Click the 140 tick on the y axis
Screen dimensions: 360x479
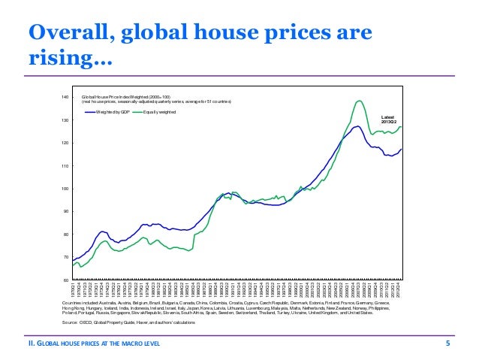pyautogui.click(x=65, y=98)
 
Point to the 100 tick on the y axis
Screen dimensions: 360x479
pyautogui.click(x=65, y=189)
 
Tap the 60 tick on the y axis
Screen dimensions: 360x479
pyautogui.click(x=65, y=280)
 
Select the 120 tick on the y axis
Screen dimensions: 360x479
pyautogui.click(x=65, y=143)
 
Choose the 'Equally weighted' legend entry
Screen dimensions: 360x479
pyautogui.click(x=158, y=111)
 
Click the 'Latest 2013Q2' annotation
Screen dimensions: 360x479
pyautogui.click(x=390, y=120)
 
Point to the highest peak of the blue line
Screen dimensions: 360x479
pyautogui.click(x=359, y=126)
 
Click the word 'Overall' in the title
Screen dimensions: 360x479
pyautogui.click(x=71, y=35)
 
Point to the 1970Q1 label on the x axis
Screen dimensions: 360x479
pyautogui.click(x=74, y=289)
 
